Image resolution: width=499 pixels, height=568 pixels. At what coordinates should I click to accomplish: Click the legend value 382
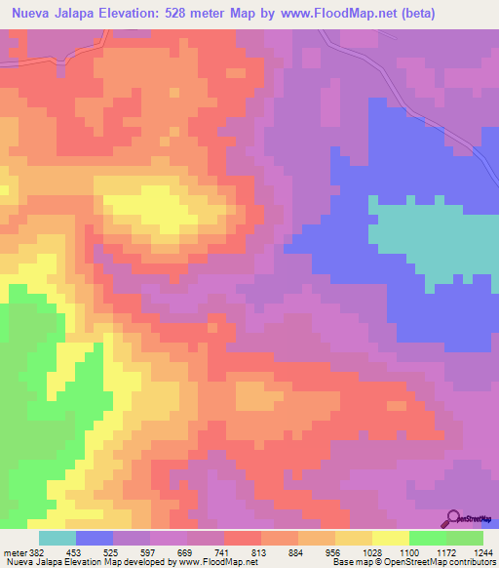[x=35, y=553]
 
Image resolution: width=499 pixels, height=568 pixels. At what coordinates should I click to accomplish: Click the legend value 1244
[x=481, y=553]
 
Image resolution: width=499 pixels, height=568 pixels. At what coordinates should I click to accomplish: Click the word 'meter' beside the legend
[x=14, y=553]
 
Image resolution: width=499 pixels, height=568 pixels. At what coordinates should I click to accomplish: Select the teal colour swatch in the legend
[x=57, y=538]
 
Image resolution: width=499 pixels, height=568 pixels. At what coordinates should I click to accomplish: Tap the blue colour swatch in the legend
[x=94, y=538]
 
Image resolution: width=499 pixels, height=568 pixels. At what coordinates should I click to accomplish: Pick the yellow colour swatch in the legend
[x=390, y=538]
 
